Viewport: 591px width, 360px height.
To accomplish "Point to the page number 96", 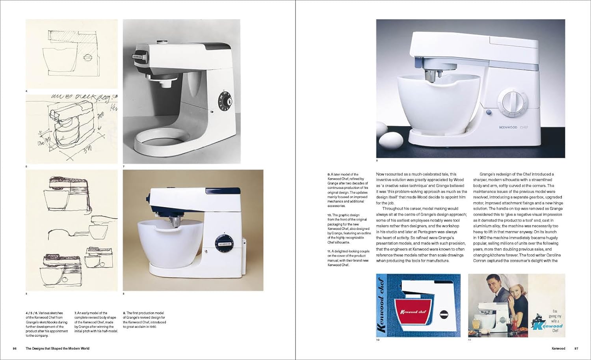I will (x=15, y=349).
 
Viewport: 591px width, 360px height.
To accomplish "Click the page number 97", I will (x=576, y=349).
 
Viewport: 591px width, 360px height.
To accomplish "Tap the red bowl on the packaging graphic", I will (x=414, y=311).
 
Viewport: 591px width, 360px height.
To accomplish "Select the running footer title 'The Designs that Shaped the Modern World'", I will (x=58, y=349).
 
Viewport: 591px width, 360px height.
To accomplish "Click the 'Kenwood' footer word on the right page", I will (x=558, y=349).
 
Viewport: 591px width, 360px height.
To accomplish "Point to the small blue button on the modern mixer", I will (x=489, y=112).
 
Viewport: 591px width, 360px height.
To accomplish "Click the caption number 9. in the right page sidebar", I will (x=329, y=174).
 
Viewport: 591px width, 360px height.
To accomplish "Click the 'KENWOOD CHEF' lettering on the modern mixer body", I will (x=513, y=127).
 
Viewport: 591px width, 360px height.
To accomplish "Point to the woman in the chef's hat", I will (x=503, y=292).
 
